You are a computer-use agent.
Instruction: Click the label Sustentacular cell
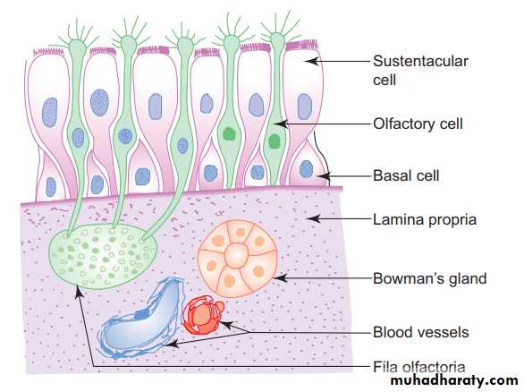420,71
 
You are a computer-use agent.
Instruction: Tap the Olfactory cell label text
418,124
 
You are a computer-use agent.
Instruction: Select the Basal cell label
406,176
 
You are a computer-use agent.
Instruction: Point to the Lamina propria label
425,220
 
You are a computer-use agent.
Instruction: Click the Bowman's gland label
430,278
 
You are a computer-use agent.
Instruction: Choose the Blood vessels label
421,332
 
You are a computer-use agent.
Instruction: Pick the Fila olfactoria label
419,367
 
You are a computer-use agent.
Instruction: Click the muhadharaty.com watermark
454,380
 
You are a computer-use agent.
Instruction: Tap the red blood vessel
202,315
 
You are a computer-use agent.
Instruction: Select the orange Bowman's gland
238,259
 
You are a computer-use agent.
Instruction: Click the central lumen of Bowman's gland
237,255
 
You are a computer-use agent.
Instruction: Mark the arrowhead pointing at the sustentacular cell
311,61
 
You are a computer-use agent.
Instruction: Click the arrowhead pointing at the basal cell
323,176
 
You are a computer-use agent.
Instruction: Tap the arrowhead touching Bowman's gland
280,278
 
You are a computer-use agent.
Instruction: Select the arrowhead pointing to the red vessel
225,325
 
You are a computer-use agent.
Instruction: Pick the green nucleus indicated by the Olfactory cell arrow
274,141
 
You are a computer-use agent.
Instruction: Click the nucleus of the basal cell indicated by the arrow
306,169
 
